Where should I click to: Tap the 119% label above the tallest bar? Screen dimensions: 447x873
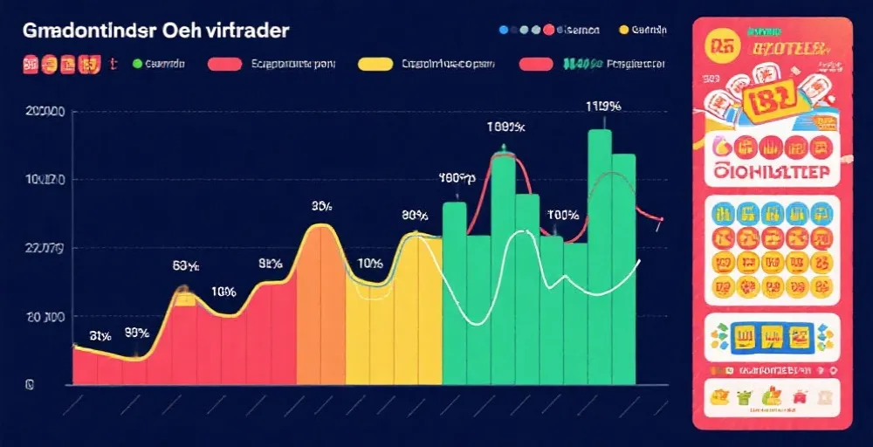click(602, 107)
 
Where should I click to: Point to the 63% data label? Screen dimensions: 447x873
click(186, 265)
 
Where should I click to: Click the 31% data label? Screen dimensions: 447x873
click(100, 334)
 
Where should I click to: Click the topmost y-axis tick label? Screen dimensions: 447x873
click(45, 112)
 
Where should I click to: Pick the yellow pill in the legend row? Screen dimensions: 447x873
click(375, 64)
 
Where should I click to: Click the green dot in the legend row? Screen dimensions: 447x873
click(136, 64)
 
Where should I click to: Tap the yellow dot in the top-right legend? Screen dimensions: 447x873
click(623, 29)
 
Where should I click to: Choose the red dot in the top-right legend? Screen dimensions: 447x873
click(548, 29)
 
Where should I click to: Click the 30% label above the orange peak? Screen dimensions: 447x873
click(321, 207)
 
